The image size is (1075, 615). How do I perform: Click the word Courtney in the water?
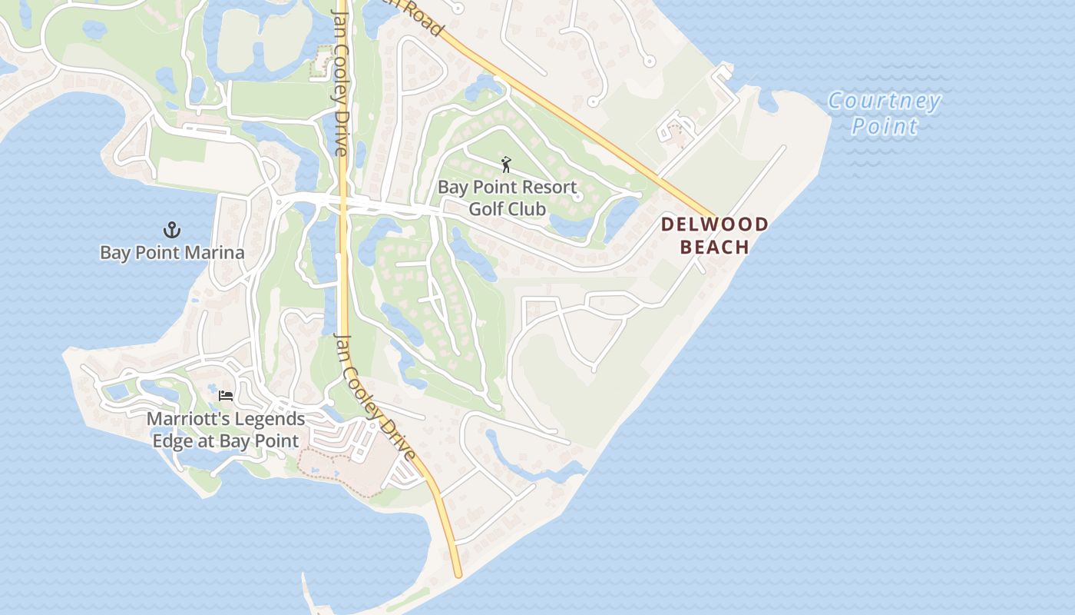(885, 101)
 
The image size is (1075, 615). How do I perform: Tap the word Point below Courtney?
(885, 126)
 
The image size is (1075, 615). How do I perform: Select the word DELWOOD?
(715, 224)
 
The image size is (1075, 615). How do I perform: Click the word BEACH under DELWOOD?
(715, 247)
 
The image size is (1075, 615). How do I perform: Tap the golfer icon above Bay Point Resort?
(506, 165)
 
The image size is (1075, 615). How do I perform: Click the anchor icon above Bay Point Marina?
(172, 230)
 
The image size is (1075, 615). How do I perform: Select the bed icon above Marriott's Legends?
(226, 396)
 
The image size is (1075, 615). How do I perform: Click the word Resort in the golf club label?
(548, 187)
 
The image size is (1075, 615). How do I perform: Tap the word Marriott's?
(189, 420)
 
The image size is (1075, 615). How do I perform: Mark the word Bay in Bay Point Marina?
(115, 253)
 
